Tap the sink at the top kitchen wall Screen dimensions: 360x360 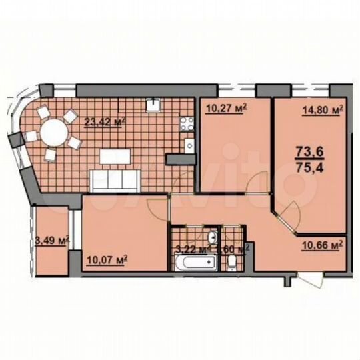pos(153,104)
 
